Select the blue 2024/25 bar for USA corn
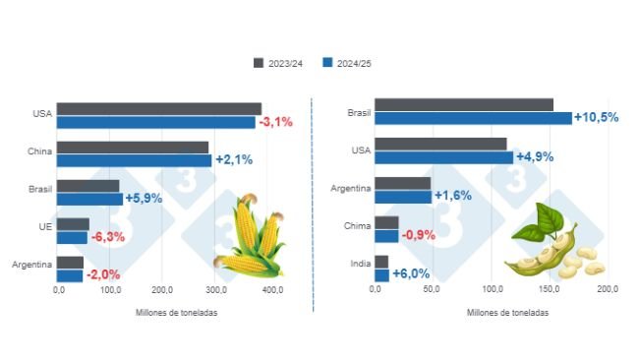[155, 122]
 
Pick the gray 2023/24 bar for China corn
[132, 148]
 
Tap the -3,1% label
[275, 122]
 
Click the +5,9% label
[145, 199]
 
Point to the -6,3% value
[108, 237]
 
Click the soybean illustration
[551, 246]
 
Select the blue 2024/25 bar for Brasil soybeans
[473, 118]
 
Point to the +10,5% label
[597, 117]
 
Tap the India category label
[359, 263]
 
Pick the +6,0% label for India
[412, 274]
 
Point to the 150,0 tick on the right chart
[549, 290]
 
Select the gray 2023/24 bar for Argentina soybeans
[402, 183]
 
